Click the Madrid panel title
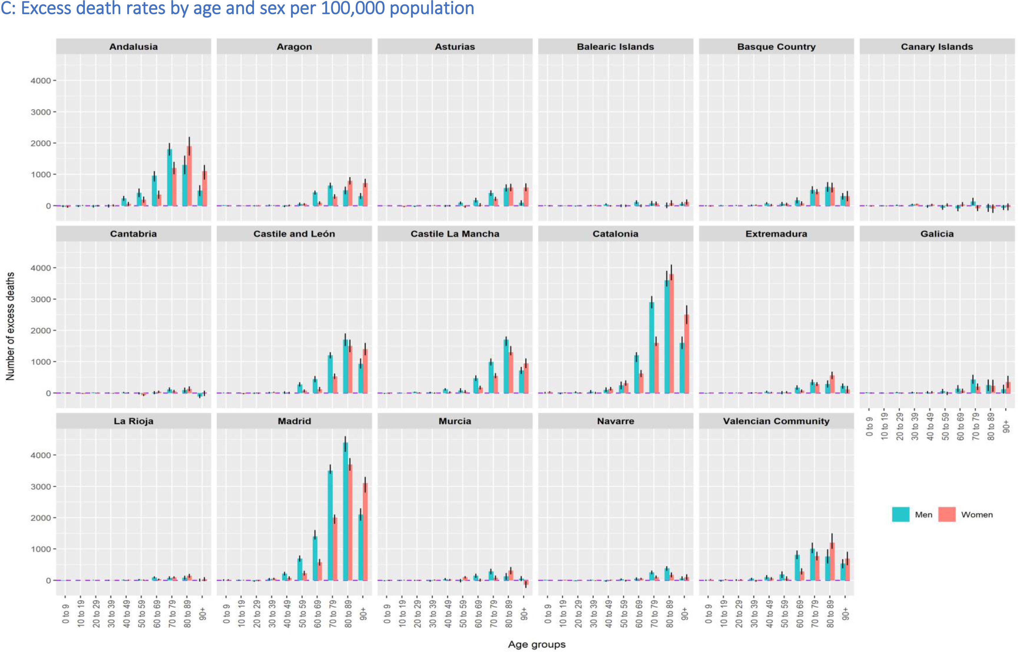click(x=294, y=421)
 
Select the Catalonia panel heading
click(x=615, y=234)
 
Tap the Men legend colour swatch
click(x=900, y=514)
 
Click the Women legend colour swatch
click(x=946, y=514)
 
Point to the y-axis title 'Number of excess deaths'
click(x=10, y=326)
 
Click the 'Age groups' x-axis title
click(x=536, y=644)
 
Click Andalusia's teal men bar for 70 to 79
click(x=170, y=177)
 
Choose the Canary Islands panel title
click(x=937, y=47)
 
